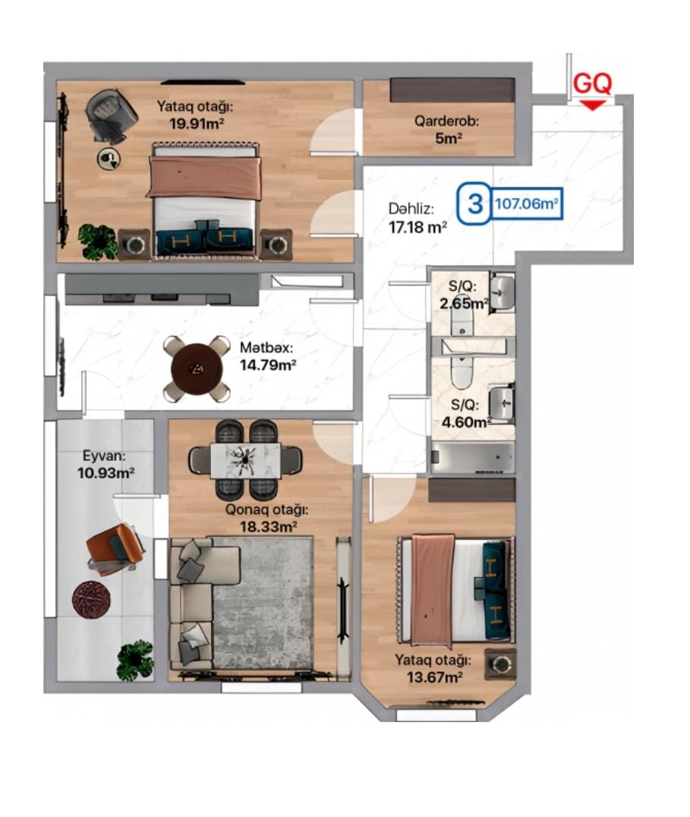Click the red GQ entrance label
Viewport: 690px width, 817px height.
(x=592, y=84)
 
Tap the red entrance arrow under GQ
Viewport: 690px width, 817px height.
(x=593, y=106)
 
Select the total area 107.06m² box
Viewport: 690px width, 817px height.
(x=526, y=203)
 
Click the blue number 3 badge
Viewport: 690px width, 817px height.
(x=474, y=203)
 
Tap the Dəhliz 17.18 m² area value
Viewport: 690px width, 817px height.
(x=417, y=227)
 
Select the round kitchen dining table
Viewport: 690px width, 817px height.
(x=197, y=369)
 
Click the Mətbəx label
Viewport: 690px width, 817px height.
(x=266, y=348)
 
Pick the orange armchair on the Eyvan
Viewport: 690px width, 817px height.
(x=115, y=550)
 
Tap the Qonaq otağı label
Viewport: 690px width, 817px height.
(x=266, y=509)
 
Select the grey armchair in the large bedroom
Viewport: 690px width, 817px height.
(x=110, y=115)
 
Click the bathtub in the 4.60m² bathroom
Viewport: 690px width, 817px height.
(x=472, y=458)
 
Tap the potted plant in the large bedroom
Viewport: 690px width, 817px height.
(x=98, y=242)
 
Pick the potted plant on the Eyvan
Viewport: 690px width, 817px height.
(x=135, y=661)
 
